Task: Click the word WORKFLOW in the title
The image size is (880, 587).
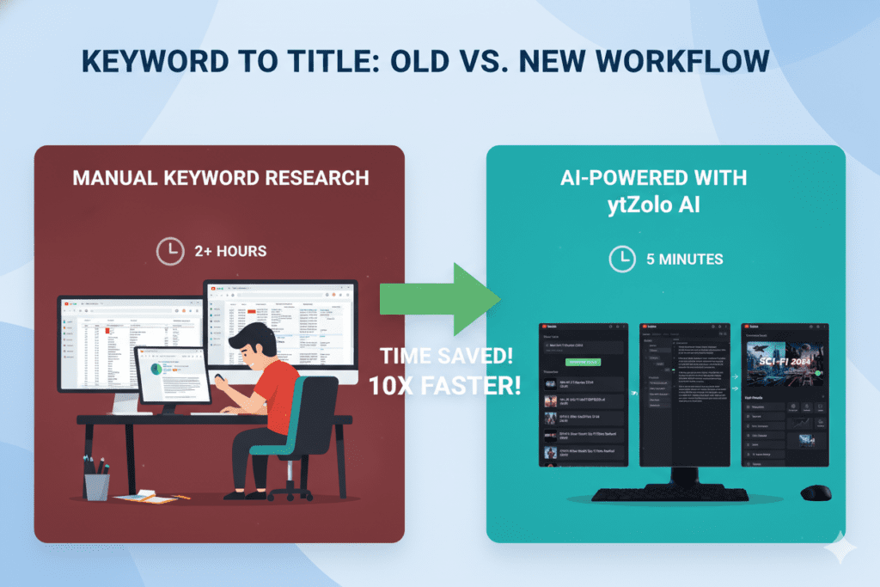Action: click(693, 63)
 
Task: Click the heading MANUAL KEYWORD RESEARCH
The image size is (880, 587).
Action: click(221, 178)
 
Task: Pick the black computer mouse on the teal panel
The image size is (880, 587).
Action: click(816, 493)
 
